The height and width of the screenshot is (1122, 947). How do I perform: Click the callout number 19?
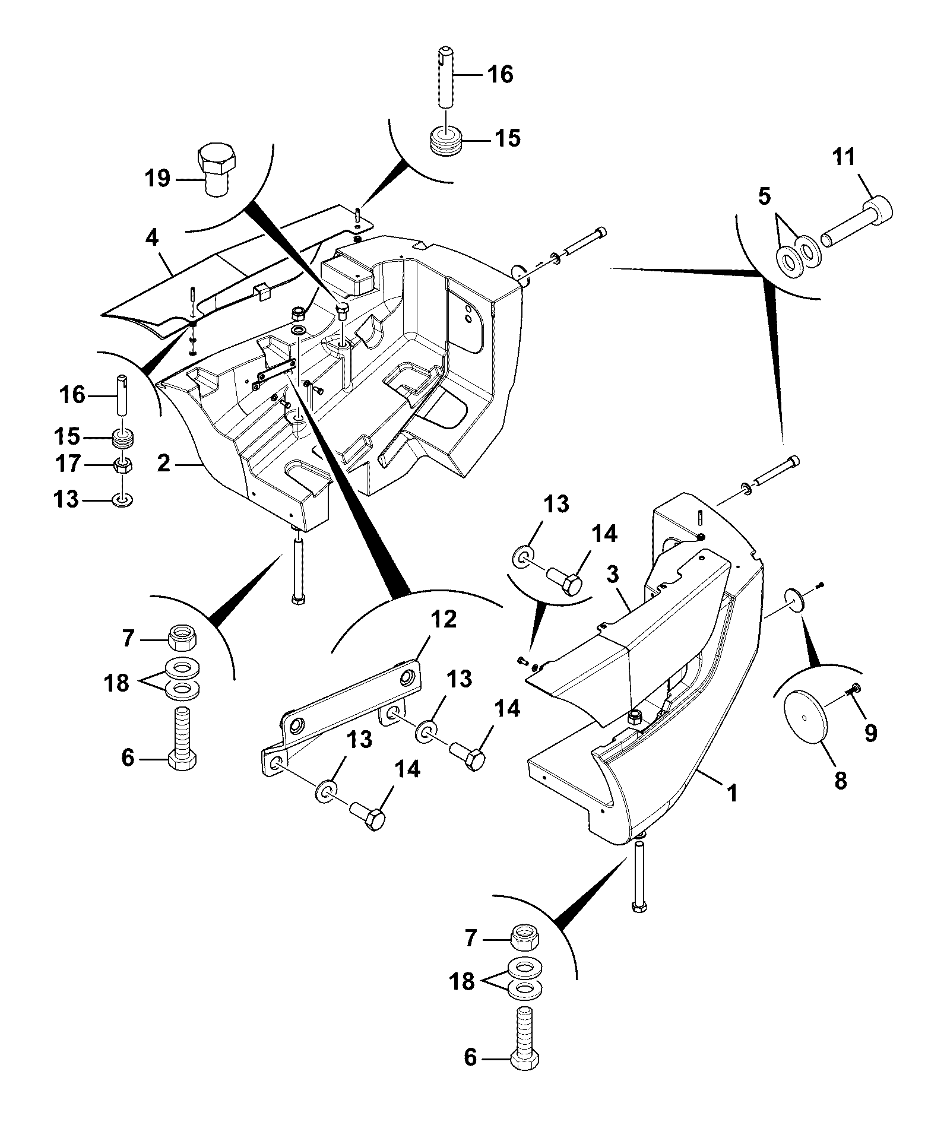point(159,178)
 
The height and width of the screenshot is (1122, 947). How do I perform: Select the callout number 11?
point(843,157)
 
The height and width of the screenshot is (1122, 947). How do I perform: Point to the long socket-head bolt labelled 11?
point(857,224)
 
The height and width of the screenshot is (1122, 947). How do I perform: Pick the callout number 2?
point(164,464)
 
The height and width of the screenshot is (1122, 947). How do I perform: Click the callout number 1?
point(733,793)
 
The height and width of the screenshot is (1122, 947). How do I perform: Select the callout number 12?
point(444,619)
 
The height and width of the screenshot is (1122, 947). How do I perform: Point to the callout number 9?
point(870,734)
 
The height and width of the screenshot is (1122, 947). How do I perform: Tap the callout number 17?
point(68,464)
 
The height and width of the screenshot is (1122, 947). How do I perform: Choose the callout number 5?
point(765,196)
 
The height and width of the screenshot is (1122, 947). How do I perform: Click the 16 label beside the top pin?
point(501,75)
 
